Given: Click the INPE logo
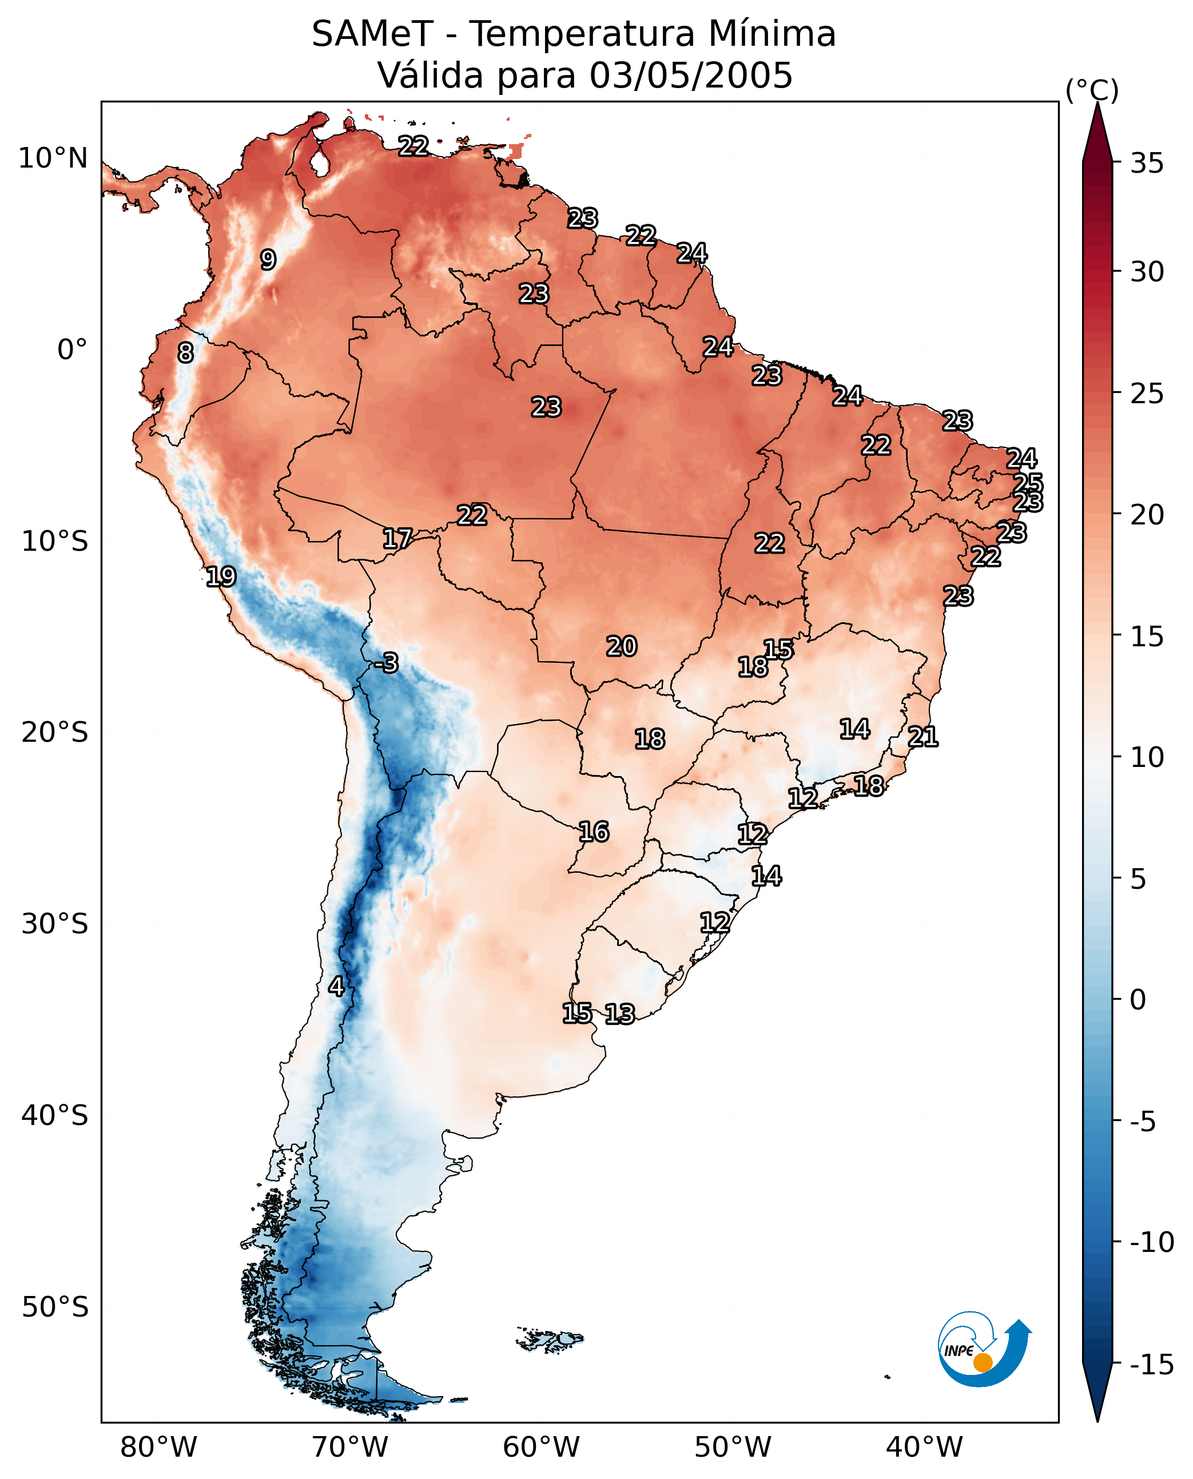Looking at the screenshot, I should coord(984,1351).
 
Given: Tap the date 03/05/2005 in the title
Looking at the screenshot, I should coord(691,75).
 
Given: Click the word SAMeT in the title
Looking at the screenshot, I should coord(372,34).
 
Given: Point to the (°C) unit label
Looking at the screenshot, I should coord(1092,90).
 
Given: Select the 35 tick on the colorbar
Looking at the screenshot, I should coord(1147,164).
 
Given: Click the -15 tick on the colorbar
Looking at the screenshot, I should coord(1151,1364).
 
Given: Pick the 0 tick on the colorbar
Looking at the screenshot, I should coord(1138,999).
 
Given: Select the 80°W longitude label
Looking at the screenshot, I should coord(159,1447).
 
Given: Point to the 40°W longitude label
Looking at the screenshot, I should coord(924,1447).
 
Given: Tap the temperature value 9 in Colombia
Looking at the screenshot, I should coord(268,260).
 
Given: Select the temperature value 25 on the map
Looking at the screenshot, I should coord(1028,483).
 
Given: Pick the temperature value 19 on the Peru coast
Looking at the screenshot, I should coord(221,577).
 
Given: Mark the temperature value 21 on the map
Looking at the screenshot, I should coord(923,737).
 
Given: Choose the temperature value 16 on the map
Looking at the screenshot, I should coord(594,832).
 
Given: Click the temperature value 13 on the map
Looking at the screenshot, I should coord(620,1013).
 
